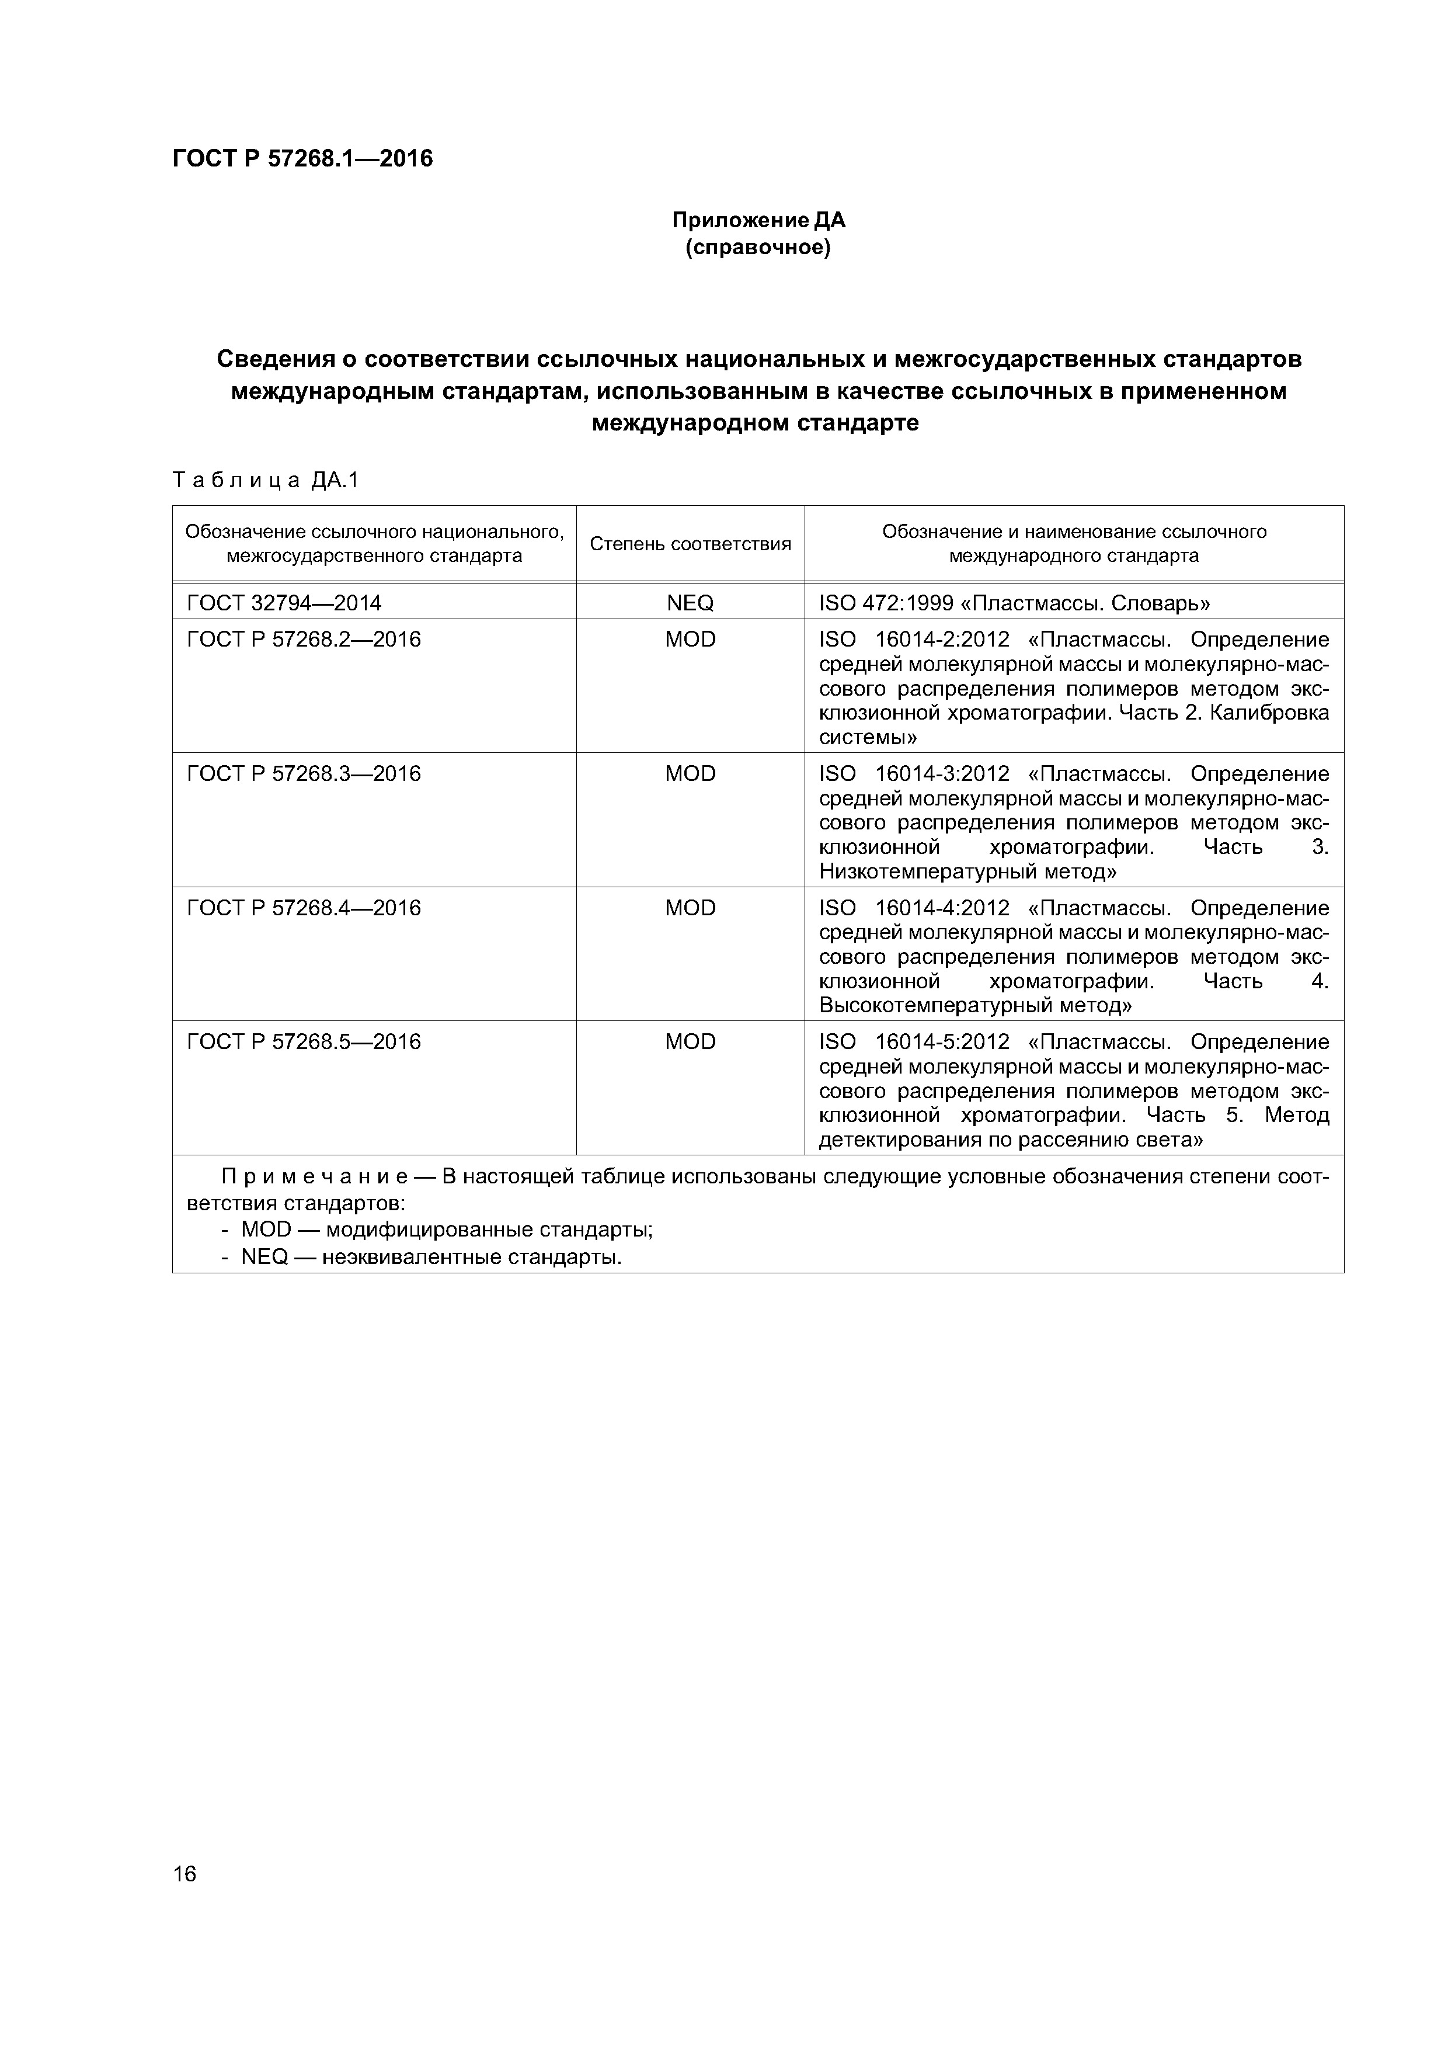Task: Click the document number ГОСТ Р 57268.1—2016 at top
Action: click(x=302, y=159)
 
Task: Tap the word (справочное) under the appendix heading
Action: click(x=757, y=247)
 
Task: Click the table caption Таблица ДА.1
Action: click(x=265, y=481)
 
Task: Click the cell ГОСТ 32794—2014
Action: click(x=284, y=603)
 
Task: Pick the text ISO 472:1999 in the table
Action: click(x=886, y=603)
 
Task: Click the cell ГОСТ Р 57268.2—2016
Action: click(x=304, y=640)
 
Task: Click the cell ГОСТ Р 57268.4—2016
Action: click(x=304, y=908)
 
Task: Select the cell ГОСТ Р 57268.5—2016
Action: click(x=304, y=1041)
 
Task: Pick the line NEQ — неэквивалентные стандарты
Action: click(x=431, y=1258)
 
